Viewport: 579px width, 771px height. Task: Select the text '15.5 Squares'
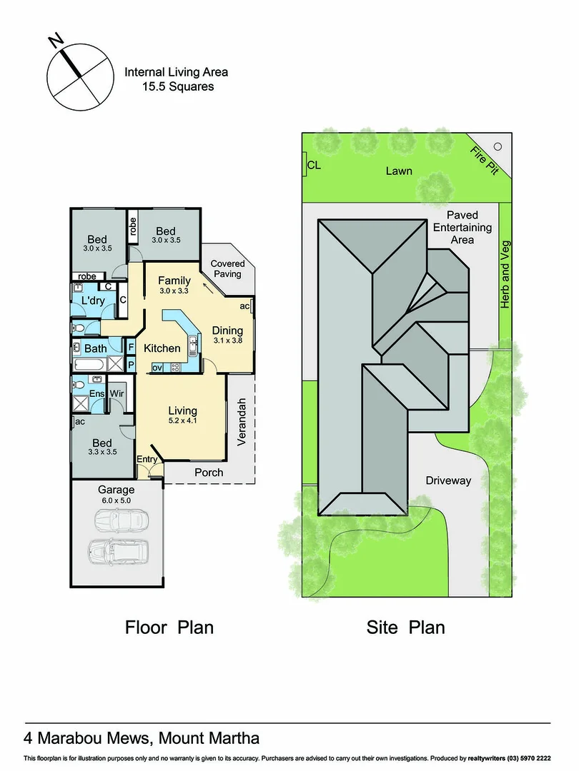click(177, 86)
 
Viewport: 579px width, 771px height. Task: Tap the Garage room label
click(116, 490)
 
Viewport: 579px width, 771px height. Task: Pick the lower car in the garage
click(119, 551)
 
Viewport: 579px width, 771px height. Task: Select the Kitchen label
click(162, 348)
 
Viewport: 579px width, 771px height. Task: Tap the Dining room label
click(227, 331)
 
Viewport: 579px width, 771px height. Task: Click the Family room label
click(174, 280)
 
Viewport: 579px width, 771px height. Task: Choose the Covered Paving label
click(227, 268)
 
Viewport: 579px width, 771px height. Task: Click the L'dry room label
click(93, 301)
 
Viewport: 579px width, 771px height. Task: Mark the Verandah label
click(241, 422)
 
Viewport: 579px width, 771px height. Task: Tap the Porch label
click(209, 472)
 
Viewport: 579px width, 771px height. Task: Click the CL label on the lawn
click(313, 166)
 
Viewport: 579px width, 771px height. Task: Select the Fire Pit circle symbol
click(498, 146)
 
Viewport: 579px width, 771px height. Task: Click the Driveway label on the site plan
click(448, 480)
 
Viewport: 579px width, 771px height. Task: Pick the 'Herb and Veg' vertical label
click(505, 275)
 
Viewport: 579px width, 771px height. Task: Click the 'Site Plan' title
click(405, 628)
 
